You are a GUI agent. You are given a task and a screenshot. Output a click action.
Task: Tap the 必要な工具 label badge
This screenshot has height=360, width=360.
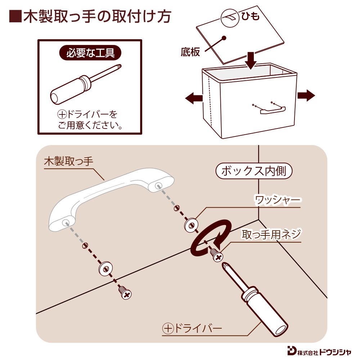tap(90, 53)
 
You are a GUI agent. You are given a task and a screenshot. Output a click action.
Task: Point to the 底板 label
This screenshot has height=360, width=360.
tap(190, 52)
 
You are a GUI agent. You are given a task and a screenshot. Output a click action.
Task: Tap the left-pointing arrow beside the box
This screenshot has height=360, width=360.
tap(193, 97)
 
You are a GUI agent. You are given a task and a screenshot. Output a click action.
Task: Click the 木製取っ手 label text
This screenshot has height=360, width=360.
tap(68, 161)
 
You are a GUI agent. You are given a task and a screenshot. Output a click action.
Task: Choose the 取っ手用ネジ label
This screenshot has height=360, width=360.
tap(271, 235)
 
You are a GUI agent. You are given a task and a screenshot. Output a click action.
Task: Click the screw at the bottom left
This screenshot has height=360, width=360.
tap(125, 293)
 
